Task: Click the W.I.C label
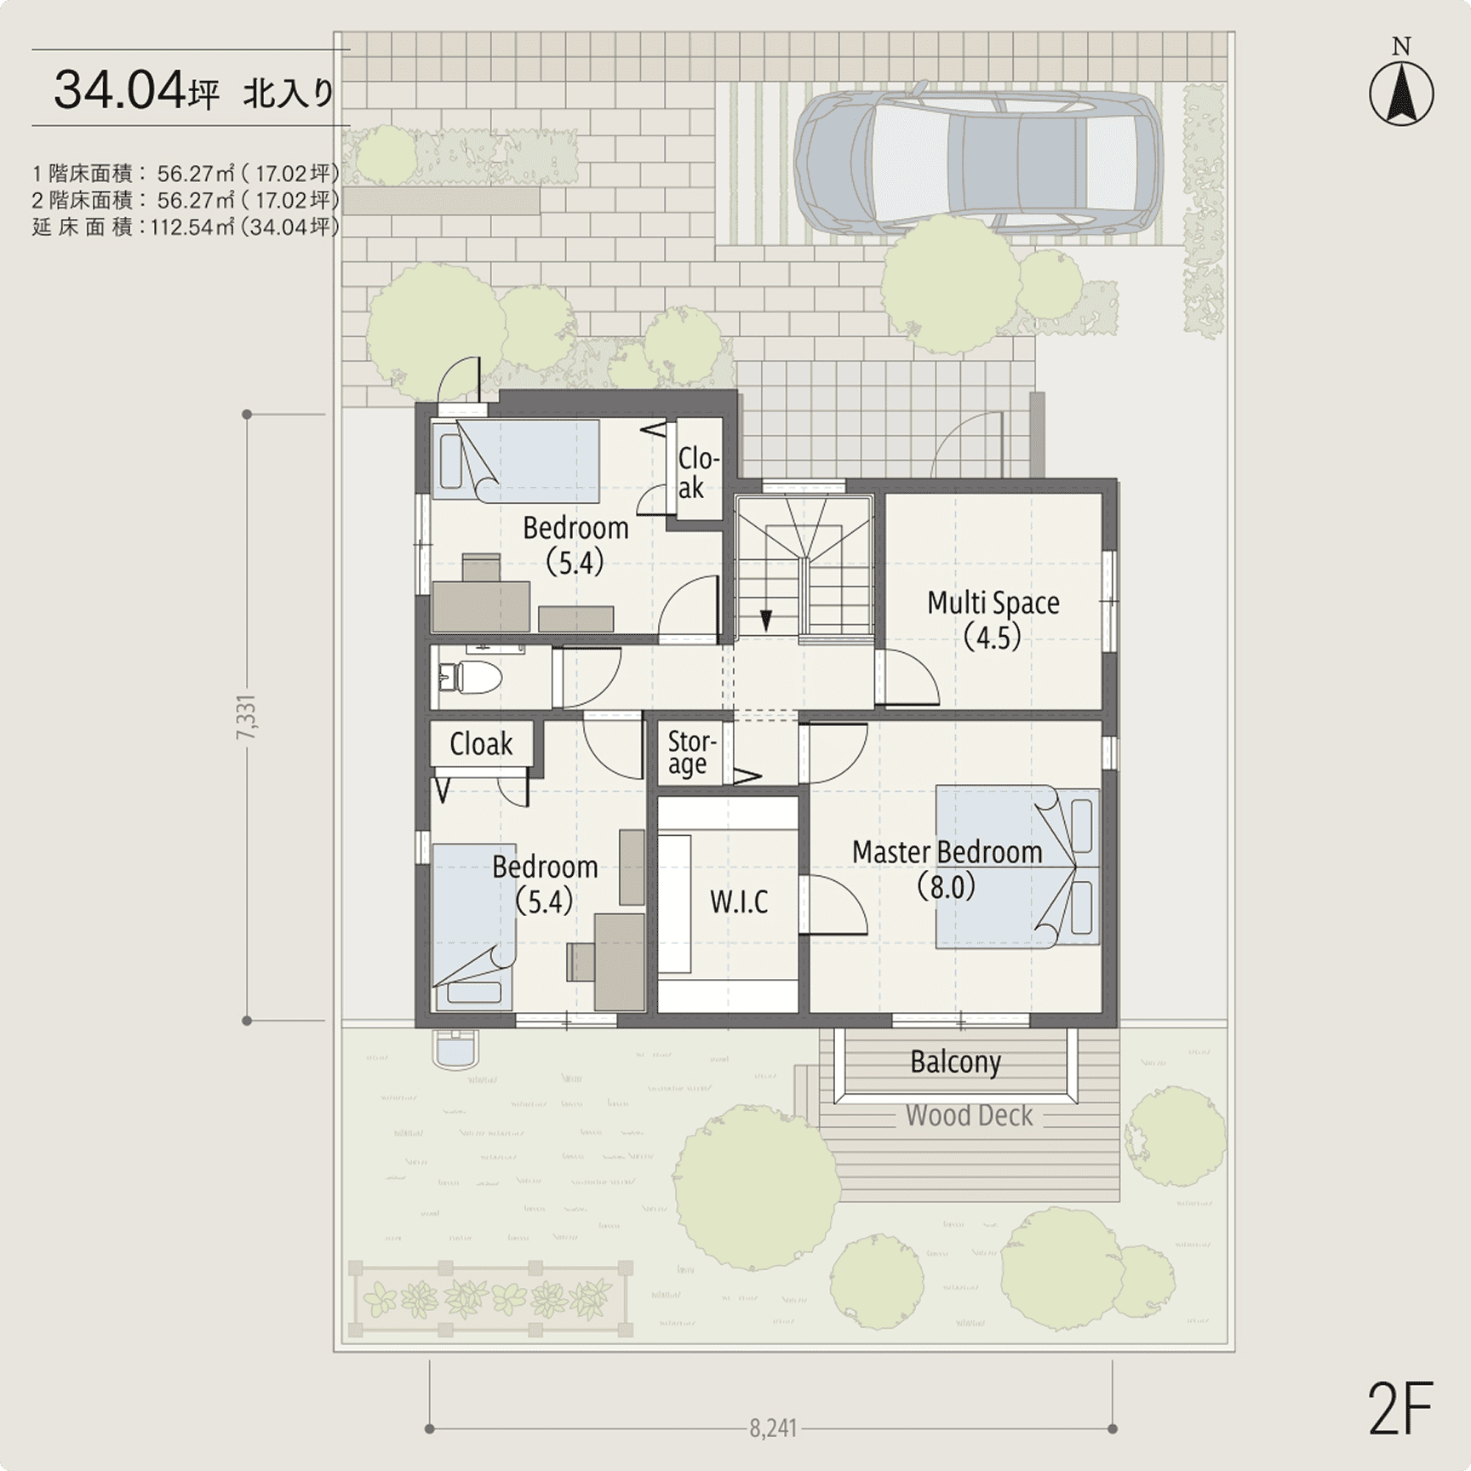(x=739, y=901)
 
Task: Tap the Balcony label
(x=955, y=1062)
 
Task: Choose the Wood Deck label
(x=969, y=1115)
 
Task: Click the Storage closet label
(x=691, y=753)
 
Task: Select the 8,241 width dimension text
(x=773, y=1428)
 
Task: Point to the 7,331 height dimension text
(x=247, y=718)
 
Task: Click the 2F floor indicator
(x=1400, y=1409)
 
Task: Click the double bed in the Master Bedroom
(x=1018, y=867)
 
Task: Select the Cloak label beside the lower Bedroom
(x=481, y=744)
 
